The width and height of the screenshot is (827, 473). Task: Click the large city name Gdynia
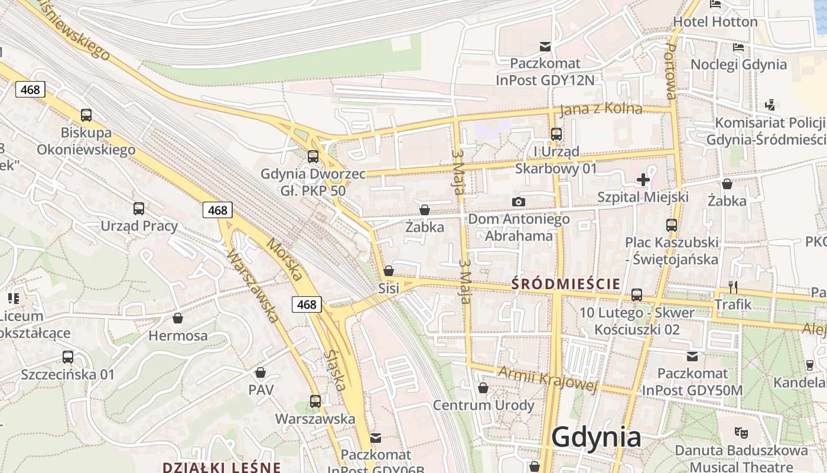(x=596, y=438)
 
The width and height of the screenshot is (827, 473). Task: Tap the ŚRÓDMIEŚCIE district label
(x=566, y=284)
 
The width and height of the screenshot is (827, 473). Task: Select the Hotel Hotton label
(x=715, y=22)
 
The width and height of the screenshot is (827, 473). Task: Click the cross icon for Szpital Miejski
(x=643, y=179)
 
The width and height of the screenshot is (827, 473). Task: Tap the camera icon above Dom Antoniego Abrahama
(x=518, y=202)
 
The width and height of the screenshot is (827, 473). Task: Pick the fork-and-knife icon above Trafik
(x=732, y=287)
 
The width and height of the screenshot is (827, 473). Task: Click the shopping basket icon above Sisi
(x=389, y=271)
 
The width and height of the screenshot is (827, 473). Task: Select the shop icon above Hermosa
(x=178, y=318)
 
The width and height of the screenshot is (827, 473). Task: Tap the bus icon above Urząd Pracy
(x=139, y=208)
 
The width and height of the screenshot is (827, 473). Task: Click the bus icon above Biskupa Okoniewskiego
(x=86, y=115)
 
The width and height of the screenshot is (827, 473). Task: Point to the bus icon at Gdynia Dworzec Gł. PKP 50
(x=313, y=157)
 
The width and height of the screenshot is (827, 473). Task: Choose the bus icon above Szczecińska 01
(x=68, y=357)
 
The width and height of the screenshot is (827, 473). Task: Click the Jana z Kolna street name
(x=601, y=109)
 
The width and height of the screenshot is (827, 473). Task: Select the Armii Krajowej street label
(x=548, y=378)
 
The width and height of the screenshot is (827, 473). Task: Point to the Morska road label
(x=284, y=260)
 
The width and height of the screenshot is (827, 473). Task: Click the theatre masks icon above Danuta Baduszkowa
(x=741, y=433)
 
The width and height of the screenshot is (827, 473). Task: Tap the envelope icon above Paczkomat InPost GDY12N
(x=545, y=46)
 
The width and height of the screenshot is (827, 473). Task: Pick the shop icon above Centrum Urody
(x=483, y=388)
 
